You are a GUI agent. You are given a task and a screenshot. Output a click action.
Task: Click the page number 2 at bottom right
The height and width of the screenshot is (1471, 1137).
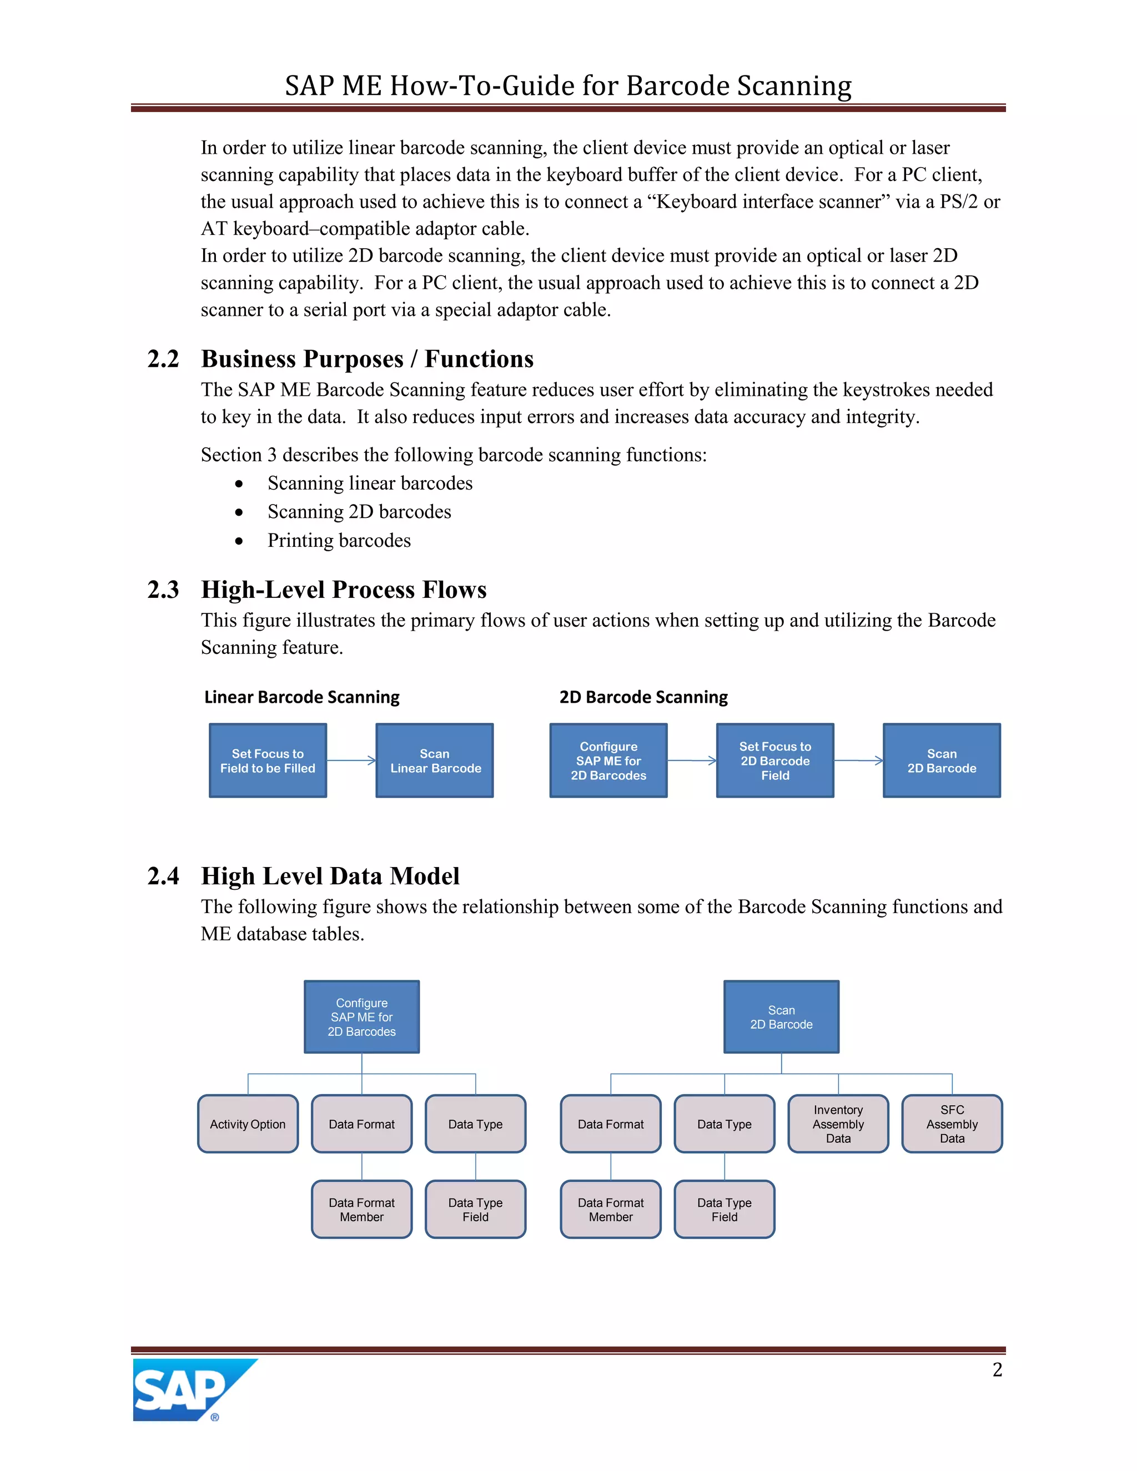[997, 1369]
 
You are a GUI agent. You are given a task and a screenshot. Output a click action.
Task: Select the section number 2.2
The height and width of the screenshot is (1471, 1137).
[163, 359]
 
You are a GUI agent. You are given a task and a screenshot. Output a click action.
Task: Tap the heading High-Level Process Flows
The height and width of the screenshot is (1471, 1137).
[344, 590]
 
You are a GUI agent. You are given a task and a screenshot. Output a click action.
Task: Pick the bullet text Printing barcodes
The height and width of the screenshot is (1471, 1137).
[339, 540]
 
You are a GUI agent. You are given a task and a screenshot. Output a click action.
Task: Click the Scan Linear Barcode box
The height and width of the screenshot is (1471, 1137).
[435, 761]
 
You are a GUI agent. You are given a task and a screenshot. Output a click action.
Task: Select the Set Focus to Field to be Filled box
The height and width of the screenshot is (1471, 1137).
[268, 761]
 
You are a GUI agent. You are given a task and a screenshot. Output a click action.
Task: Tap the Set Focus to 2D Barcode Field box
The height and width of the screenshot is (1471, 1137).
[774, 761]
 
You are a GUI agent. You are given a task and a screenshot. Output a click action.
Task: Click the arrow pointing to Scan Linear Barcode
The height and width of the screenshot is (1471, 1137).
[351, 760]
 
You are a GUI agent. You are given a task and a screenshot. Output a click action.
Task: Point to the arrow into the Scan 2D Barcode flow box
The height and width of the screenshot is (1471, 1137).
[858, 760]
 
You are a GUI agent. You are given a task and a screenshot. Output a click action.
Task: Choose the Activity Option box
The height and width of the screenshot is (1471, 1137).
[248, 1124]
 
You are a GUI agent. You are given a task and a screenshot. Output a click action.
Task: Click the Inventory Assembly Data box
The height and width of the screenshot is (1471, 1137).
[838, 1124]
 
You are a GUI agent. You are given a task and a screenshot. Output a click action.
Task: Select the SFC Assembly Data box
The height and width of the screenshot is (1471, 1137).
[952, 1124]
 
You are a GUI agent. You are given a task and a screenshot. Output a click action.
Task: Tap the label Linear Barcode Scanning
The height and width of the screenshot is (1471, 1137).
[302, 697]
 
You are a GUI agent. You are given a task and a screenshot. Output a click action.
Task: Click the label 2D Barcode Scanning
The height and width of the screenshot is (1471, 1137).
[643, 697]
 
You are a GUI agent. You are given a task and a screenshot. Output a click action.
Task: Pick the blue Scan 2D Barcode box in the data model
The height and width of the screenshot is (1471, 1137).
[781, 1017]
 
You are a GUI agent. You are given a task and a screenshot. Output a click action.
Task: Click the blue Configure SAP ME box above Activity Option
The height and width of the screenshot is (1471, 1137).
[362, 1017]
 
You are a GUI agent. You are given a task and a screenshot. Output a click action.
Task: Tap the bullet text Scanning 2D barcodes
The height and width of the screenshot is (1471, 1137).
[359, 512]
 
